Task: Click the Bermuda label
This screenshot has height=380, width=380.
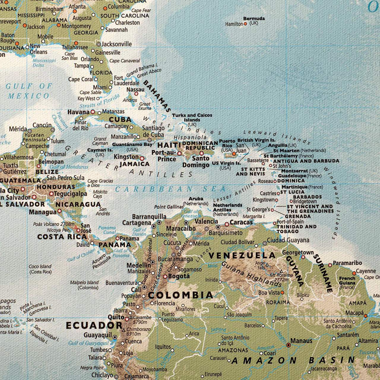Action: point(254,19)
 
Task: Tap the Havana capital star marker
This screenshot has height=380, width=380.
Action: point(93,112)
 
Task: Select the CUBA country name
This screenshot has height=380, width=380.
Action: point(120,120)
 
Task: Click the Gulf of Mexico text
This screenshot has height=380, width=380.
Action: point(29,91)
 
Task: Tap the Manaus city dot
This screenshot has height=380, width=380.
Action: point(288,345)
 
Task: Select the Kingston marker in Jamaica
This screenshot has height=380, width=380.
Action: point(142,158)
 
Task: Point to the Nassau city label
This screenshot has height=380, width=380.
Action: point(135,90)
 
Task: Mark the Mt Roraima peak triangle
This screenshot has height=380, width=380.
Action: point(281,271)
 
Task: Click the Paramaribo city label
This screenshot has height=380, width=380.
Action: point(347,263)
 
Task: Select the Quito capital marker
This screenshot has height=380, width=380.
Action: point(127,319)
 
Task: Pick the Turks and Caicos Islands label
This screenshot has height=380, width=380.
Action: point(192,117)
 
